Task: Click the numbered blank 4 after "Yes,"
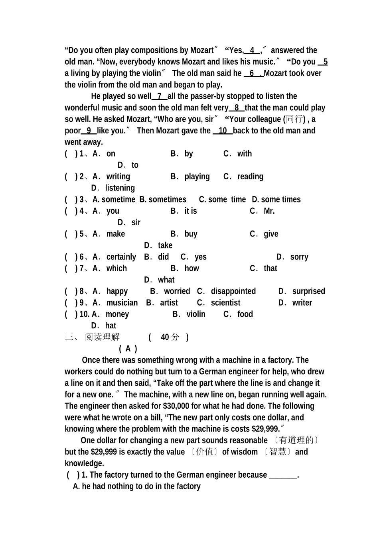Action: [x=252, y=50]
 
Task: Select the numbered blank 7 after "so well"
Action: [x=160, y=96]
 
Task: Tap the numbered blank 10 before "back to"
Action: [x=223, y=131]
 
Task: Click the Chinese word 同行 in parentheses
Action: [x=295, y=119]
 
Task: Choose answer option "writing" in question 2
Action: [x=118, y=177]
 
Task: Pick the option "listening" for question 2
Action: [x=120, y=188]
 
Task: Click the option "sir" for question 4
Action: [x=136, y=222]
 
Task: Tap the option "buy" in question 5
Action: [x=191, y=234]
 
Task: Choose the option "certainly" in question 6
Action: [x=121, y=257]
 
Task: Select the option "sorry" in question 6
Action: [x=299, y=257]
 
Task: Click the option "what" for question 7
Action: [x=166, y=280]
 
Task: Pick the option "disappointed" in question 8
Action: [x=233, y=292]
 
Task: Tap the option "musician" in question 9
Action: [x=122, y=303]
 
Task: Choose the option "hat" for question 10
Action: [x=111, y=326]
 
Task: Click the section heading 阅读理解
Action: [x=102, y=337]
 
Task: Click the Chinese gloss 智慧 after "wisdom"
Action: [x=278, y=452]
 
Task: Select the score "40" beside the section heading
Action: [x=165, y=337]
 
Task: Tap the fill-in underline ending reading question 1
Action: [x=283, y=475]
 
